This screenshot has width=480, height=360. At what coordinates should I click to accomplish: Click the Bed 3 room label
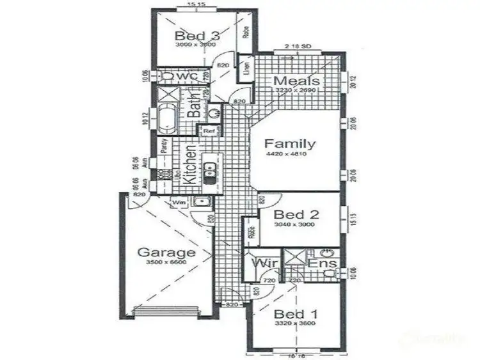click(x=197, y=35)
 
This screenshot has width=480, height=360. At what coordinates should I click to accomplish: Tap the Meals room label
click(x=298, y=81)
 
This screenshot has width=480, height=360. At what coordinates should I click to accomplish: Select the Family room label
click(x=290, y=144)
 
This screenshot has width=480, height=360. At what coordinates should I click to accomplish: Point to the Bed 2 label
click(x=296, y=215)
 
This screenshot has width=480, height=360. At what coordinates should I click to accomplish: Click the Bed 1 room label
click(x=294, y=314)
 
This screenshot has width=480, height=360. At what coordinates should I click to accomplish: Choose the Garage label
click(x=166, y=252)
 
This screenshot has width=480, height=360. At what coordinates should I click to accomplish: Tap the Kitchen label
click(x=189, y=164)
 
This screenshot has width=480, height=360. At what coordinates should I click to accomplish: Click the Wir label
click(x=262, y=263)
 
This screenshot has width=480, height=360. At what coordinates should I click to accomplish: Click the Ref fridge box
click(x=209, y=131)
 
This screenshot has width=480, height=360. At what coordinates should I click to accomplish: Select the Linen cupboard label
click(x=246, y=70)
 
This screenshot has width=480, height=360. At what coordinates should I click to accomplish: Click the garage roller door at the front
click(x=168, y=312)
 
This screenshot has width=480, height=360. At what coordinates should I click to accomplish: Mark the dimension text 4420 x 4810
click(x=290, y=155)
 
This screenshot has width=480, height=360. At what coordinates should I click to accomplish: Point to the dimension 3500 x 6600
click(x=166, y=262)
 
